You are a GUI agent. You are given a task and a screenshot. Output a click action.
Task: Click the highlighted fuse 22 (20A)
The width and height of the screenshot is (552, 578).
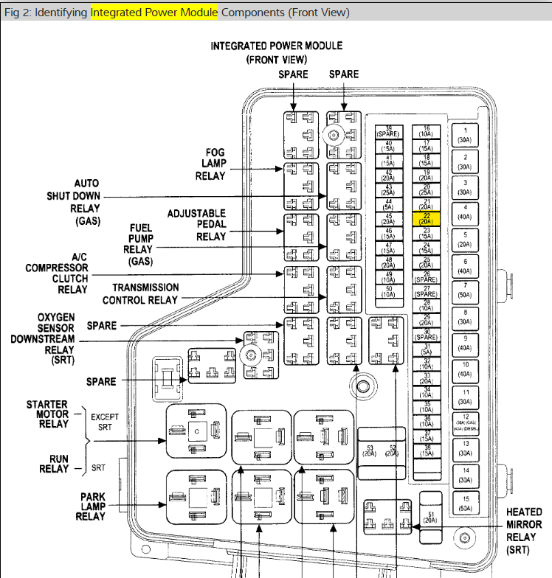pyautogui.click(x=426, y=218)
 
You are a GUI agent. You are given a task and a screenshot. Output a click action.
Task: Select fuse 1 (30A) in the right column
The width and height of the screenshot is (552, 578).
pyautogui.click(x=465, y=136)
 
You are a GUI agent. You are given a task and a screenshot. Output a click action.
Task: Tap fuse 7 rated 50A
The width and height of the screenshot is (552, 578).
pyautogui.click(x=465, y=290)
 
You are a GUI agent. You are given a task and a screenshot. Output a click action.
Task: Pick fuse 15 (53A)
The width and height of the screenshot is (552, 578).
pyautogui.click(x=465, y=504)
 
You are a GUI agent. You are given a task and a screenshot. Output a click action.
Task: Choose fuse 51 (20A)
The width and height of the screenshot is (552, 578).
pyautogui.click(x=429, y=516)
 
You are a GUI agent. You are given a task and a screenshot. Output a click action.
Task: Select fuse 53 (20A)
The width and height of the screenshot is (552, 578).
pyautogui.click(x=370, y=451)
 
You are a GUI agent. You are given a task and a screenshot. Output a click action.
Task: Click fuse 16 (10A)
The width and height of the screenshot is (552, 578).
pyautogui.click(x=426, y=130)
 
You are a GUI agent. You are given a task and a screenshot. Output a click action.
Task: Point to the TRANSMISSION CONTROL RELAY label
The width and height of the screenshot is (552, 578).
pyautogui.click(x=140, y=293)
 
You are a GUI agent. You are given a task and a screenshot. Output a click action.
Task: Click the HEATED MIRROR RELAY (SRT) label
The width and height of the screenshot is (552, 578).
pyautogui.click(x=524, y=531)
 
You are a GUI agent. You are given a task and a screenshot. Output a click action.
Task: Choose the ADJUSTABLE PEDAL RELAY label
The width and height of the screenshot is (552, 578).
pyautogui.click(x=196, y=225)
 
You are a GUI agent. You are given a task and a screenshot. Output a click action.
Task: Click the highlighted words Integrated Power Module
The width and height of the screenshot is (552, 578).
pyautogui.click(x=154, y=13)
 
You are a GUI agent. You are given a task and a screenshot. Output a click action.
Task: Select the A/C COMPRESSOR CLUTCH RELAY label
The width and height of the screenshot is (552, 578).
pyautogui.click(x=56, y=273)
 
